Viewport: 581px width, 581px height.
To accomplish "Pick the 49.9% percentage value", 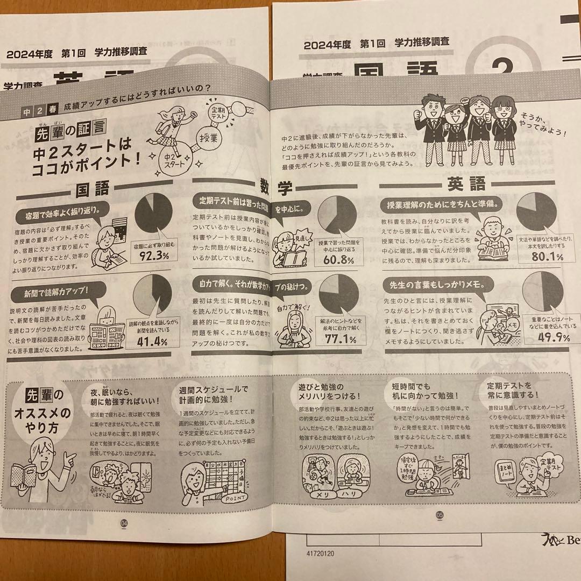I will click(540, 338).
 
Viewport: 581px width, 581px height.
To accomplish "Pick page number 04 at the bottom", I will click(125, 521).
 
